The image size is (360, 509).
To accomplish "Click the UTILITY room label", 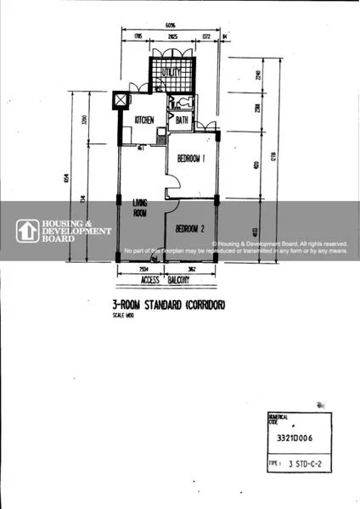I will click(x=173, y=72).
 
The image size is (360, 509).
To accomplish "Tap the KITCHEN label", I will click(x=143, y=121).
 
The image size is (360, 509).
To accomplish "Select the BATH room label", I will click(x=182, y=121).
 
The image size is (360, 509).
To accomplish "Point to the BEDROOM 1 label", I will click(x=192, y=158).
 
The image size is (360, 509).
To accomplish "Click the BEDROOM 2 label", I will click(x=191, y=229).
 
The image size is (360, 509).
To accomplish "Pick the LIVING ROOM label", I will click(x=141, y=209).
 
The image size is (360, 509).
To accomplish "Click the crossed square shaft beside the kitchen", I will click(x=121, y=100).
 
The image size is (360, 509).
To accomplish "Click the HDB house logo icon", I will click(x=25, y=231).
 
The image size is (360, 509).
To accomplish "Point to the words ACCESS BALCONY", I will click(x=165, y=280).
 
